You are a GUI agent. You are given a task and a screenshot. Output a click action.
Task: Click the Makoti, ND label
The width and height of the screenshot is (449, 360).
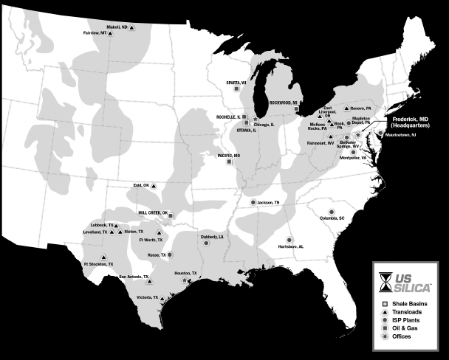pyautogui.click(x=117, y=27)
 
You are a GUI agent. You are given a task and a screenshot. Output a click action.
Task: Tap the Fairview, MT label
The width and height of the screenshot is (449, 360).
pyautogui.click(x=95, y=32)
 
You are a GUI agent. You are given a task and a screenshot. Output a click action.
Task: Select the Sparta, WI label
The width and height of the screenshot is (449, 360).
pyautogui.click(x=236, y=83)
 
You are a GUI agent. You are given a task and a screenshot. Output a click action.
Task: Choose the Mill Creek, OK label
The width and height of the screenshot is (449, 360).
pyautogui.click(x=154, y=211)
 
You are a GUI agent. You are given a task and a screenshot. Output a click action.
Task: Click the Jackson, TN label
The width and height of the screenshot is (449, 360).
pyautogui.click(x=268, y=201)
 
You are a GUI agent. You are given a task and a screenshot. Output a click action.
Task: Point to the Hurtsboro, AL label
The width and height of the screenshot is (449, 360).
pyautogui.click(x=289, y=246)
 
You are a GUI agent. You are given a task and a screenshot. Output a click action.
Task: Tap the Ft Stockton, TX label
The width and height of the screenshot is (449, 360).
pyautogui.click(x=99, y=263)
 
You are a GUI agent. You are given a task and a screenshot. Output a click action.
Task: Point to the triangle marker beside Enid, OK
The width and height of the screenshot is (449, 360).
pyautogui.click(x=153, y=185)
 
